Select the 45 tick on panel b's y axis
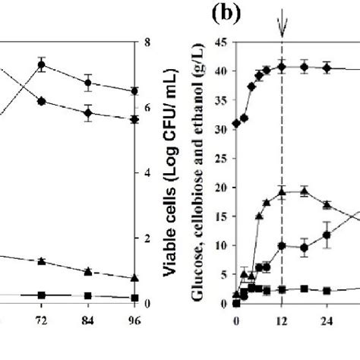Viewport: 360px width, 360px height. pyautogui.click(x=224, y=43)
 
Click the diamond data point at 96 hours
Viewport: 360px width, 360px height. pyautogui.click(x=134, y=119)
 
